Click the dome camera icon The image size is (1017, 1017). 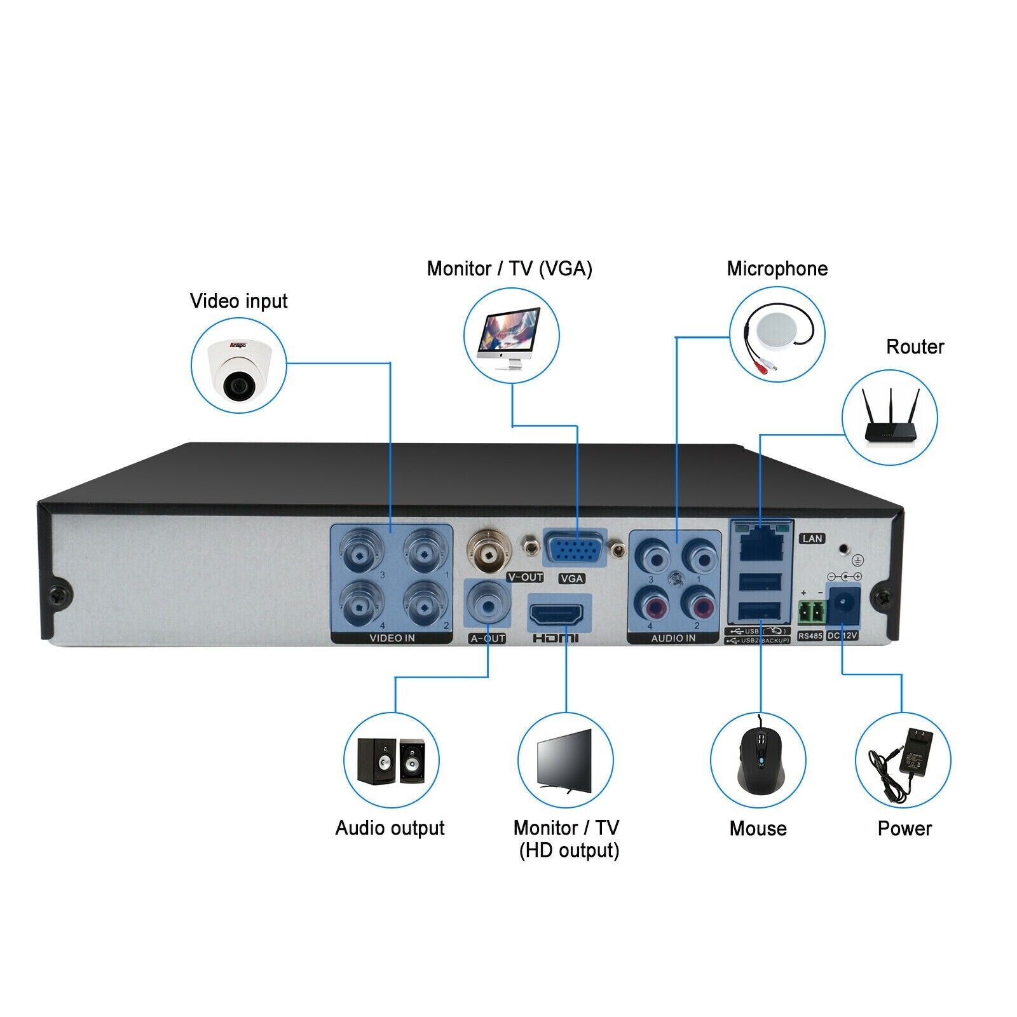coord(238,367)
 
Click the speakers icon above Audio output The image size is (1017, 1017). coord(391,760)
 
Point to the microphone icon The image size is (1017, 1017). coord(777,335)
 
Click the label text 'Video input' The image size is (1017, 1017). coord(238,301)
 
